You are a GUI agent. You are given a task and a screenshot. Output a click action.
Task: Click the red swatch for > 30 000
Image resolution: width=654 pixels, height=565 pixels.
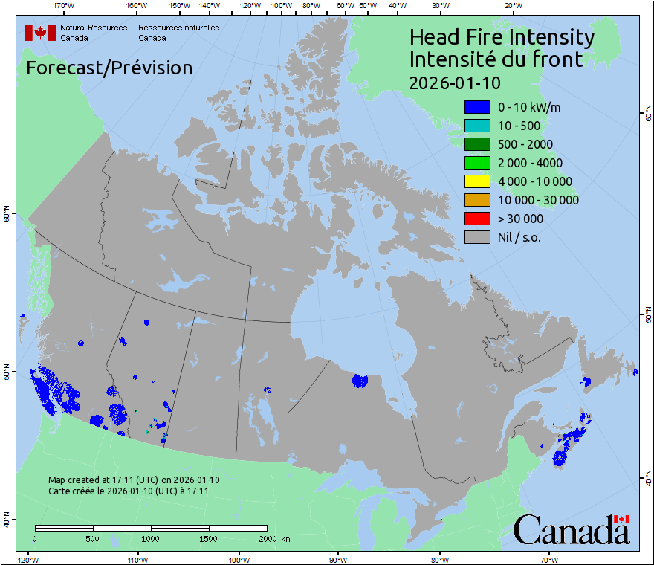click(477, 219)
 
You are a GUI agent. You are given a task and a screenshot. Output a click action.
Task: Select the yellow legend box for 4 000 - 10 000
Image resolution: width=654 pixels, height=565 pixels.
click(477, 181)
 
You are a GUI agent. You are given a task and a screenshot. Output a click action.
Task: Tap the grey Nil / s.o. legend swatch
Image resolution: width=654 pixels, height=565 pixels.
click(477, 237)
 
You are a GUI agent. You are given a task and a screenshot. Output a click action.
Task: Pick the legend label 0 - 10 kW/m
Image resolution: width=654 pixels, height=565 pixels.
click(529, 107)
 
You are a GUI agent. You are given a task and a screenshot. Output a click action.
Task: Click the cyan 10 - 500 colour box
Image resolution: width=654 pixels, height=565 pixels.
click(477, 126)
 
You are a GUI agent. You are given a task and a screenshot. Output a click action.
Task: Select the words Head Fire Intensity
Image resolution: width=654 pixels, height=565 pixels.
click(502, 37)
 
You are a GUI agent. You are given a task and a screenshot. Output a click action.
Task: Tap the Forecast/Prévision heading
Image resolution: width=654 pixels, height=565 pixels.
click(109, 68)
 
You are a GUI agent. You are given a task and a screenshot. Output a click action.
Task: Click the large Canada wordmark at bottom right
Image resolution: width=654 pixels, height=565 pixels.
click(572, 530)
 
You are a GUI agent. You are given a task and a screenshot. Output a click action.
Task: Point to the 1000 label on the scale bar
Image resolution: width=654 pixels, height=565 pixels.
click(151, 537)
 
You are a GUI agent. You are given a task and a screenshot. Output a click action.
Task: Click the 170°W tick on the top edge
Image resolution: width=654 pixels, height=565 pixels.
click(65, 6)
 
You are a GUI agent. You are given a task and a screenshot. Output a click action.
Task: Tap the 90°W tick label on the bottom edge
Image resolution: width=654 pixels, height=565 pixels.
click(338, 559)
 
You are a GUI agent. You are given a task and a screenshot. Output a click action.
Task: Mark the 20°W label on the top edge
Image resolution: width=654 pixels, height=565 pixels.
click(511, 6)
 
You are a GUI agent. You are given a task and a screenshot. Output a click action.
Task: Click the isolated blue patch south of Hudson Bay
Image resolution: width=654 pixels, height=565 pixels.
click(360, 381)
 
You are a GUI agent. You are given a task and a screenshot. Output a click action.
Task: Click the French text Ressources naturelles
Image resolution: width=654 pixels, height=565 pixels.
click(178, 28)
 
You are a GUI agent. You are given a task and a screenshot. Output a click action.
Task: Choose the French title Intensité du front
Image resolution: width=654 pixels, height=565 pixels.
click(496, 59)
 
